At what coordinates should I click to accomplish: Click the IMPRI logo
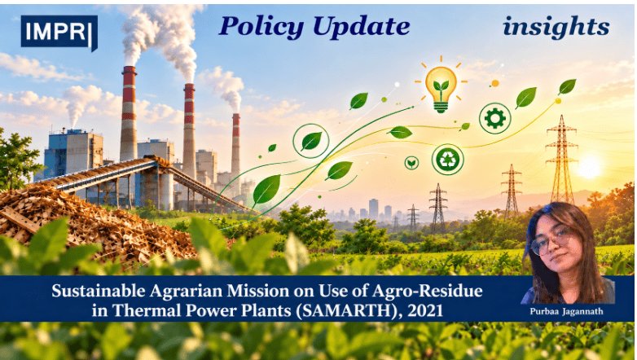tap(59, 32)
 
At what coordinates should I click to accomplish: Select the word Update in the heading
tap(361, 27)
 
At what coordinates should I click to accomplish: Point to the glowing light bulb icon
tap(441, 88)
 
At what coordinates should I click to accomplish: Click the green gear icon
tap(494, 118)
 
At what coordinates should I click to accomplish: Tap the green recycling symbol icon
tap(448, 160)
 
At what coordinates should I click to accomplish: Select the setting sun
tap(588, 167)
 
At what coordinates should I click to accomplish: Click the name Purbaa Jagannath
tap(566, 311)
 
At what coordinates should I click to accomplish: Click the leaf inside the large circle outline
tap(312, 141)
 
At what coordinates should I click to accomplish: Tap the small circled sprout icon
tap(411, 163)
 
